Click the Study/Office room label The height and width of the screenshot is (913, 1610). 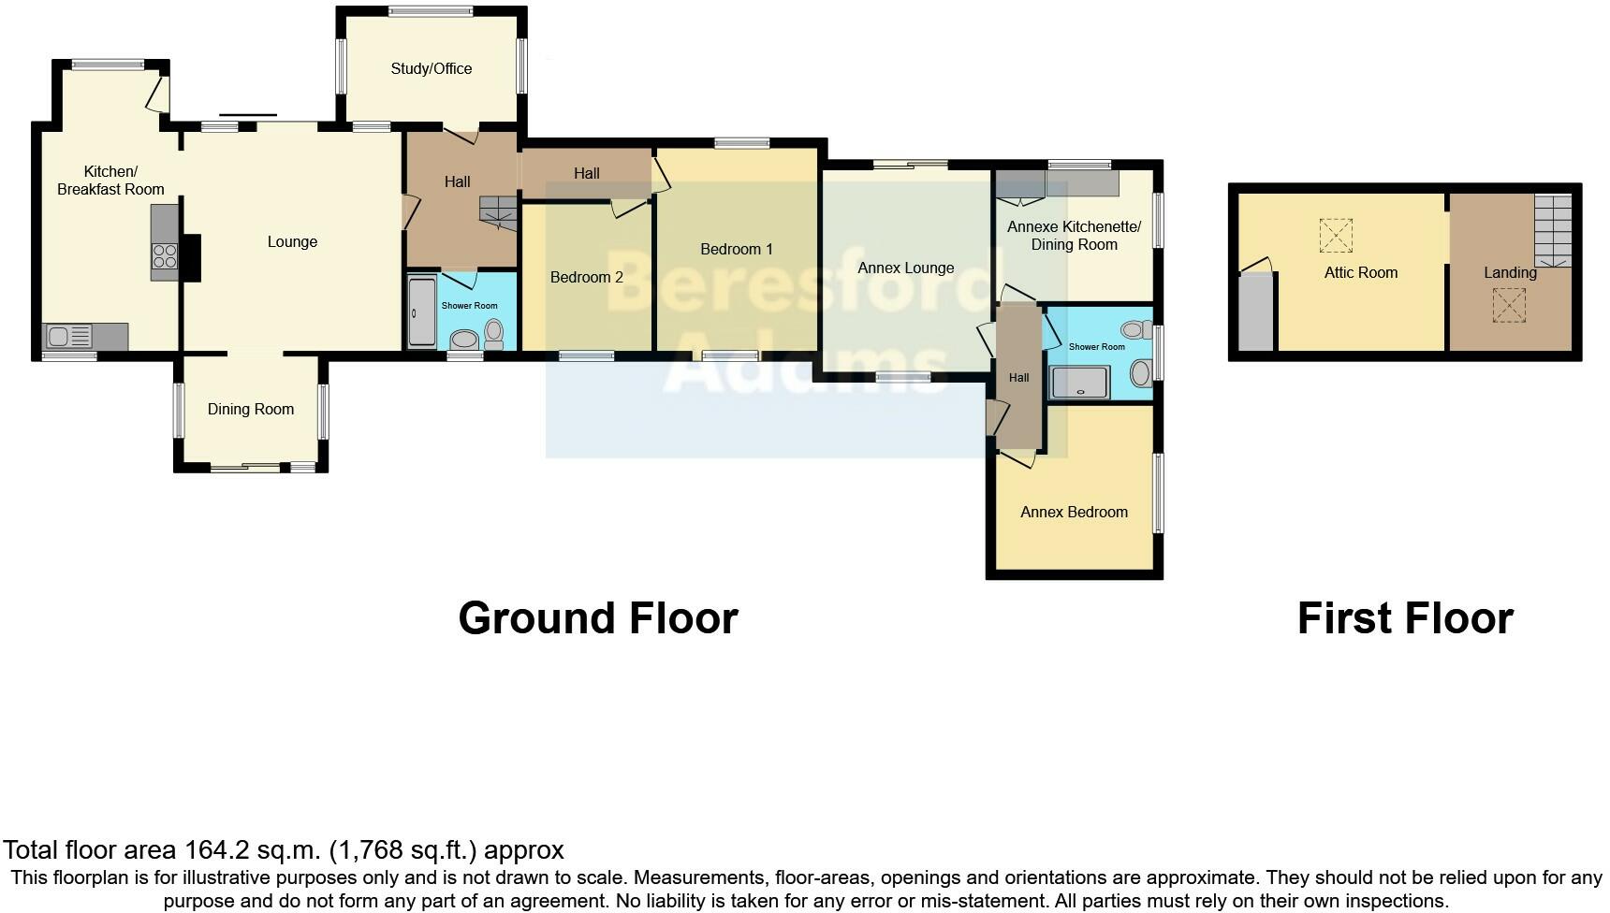click(x=431, y=68)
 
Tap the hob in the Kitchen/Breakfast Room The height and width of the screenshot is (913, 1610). click(x=165, y=255)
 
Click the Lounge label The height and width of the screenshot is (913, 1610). click(x=292, y=241)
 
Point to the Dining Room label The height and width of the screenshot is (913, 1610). click(x=250, y=409)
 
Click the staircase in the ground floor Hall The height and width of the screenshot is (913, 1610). click(x=498, y=213)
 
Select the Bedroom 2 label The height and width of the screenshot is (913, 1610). click(x=586, y=277)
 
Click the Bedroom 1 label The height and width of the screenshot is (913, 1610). click(x=737, y=249)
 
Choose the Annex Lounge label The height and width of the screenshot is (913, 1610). click(x=905, y=268)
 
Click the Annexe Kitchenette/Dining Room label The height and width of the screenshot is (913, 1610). click(x=1074, y=236)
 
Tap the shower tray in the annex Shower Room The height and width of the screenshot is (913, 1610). click(x=1079, y=383)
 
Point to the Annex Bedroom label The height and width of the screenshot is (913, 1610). click(x=1074, y=512)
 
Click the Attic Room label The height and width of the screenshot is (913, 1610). click(x=1360, y=272)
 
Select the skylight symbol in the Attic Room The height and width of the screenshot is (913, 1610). click(x=1336, y=235)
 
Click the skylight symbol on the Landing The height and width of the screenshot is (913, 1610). click(x=1508, y=305)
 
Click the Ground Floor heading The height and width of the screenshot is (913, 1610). click(x=598, y=618)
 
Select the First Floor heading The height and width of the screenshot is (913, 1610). click(x=1404, y=618)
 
